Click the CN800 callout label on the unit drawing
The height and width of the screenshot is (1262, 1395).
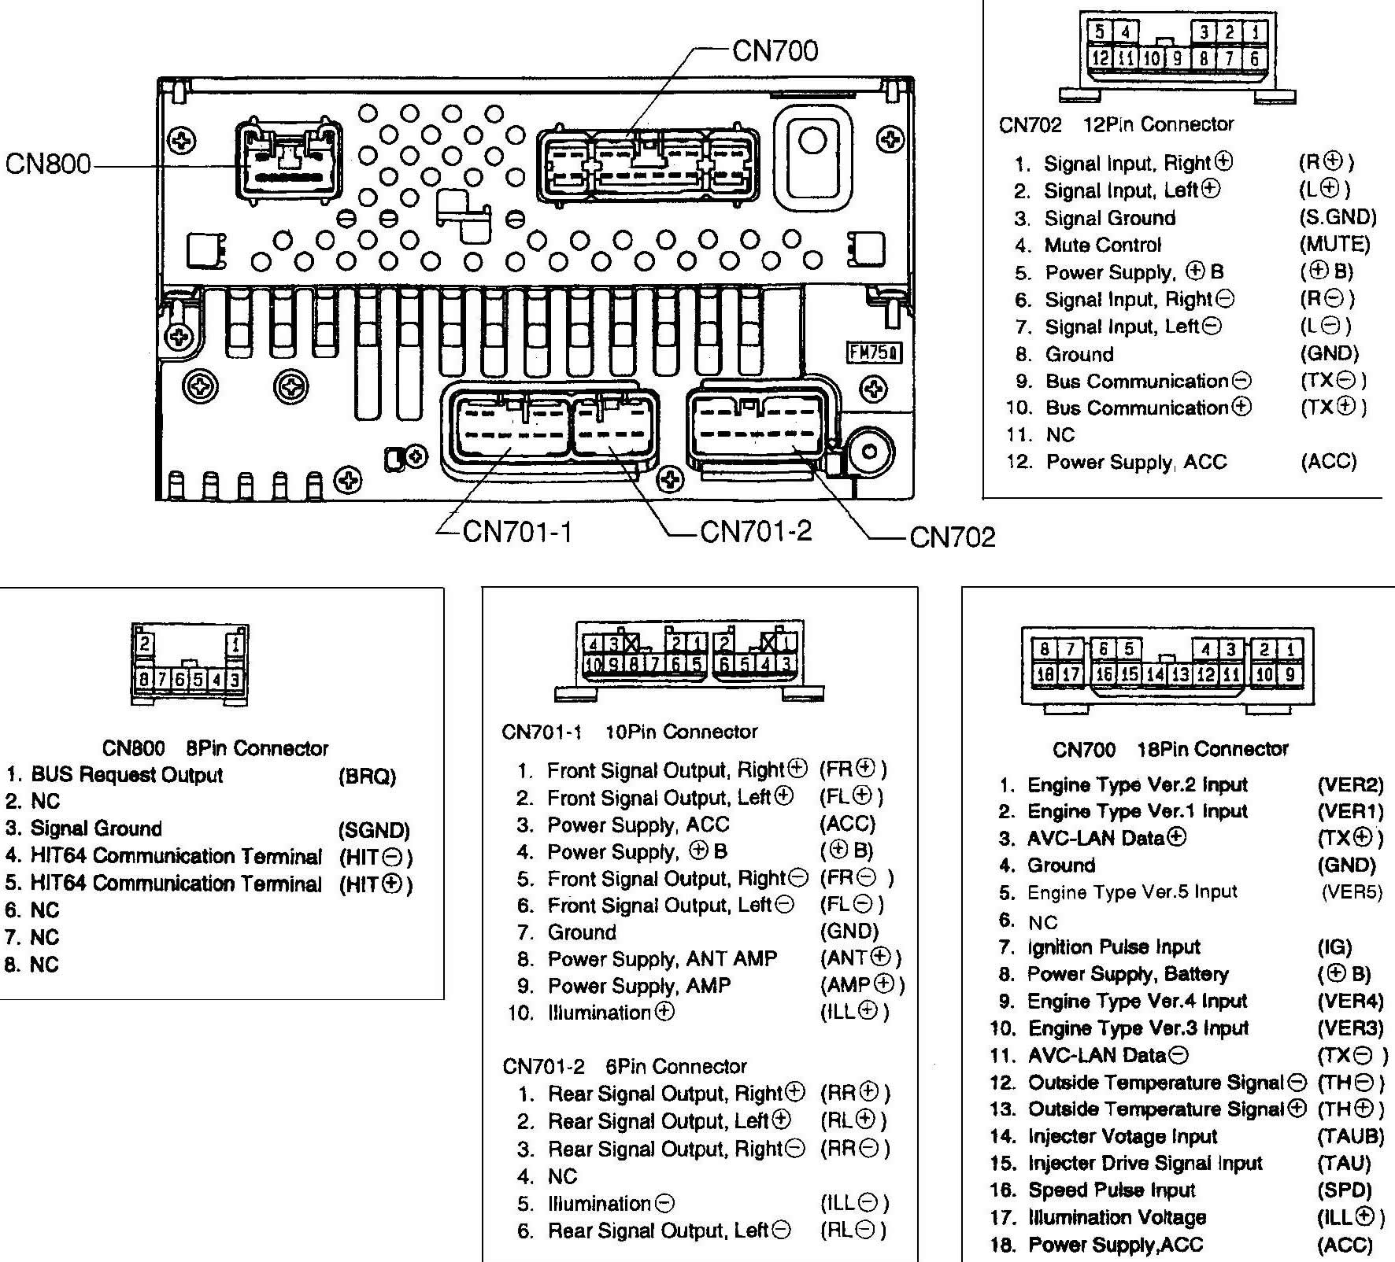click(x=47, y=165)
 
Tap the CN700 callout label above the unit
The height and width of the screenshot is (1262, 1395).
click(x=775, y=50)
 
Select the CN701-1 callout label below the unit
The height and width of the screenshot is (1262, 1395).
click(x=517, y=533)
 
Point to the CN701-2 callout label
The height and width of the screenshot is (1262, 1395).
click(x=755, y=532)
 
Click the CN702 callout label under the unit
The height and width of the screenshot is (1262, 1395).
click(x=953, y=537)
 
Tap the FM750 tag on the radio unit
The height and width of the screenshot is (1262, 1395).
click(x=873, y=353)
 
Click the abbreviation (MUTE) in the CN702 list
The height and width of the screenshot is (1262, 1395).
click(x=1334, y=245)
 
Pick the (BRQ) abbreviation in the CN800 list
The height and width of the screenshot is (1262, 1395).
click(x=367, y=777)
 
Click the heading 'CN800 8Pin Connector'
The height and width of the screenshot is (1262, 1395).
click(x=215, y=747)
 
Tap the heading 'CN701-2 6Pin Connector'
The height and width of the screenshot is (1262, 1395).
click(x=624, y=1067)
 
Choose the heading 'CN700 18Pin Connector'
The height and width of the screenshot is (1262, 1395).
click(x=1170, y=749)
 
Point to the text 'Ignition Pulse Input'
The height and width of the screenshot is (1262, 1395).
click(x=1114, y=947)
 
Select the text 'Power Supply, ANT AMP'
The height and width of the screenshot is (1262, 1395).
click(x=662, y=959)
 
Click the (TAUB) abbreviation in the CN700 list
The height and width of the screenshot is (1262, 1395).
click(x=1350, y=1136)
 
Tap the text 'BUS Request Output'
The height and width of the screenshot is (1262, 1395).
click(x=127, y=775)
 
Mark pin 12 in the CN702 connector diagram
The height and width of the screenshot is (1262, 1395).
click(x=1099, y=57)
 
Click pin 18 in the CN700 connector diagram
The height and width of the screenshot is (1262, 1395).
click(x=1045, y=674)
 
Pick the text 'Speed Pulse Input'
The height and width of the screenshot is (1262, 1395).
click(x=1112, y=1190)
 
